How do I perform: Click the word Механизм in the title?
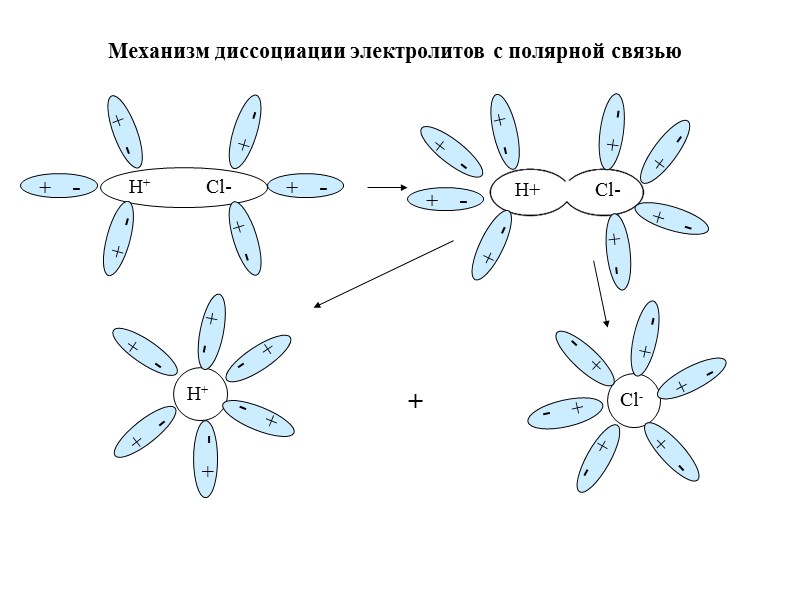[158, 51]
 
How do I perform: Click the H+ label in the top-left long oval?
[140, 187]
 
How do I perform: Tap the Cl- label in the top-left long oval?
[219, 187]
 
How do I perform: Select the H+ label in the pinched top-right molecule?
[527, 190]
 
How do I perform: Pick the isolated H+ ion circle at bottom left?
[200, 394]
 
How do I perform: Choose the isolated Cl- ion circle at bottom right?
[633, 400]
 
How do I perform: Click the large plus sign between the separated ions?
[416, 402]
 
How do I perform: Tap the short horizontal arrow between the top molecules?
[387, 187]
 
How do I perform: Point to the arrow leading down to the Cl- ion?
[600, 293]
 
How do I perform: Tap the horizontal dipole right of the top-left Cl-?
[306, 187]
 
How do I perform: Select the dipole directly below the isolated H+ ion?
[207, 459]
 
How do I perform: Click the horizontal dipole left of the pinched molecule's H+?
[446, 201]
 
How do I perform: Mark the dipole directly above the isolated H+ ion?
[211, 331]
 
